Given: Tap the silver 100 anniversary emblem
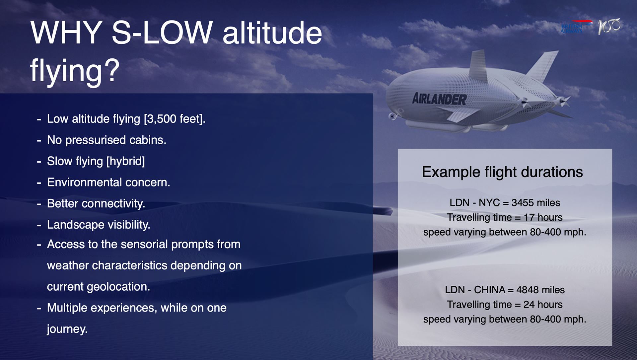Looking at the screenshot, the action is pyautogui.click(x=609, y=26).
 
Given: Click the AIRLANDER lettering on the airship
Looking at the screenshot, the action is pyautogui.click(x=439, y=99).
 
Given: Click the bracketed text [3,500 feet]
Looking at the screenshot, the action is pyautogui.click(x=175, y=119).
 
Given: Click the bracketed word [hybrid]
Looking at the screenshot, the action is pyautogui.click(x=125, y=162).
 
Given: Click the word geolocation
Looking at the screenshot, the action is pyautogui.click(x=118, y=287).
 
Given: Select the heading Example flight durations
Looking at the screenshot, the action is pyautogui.click(x=502, y=172).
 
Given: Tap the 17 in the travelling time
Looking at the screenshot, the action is pyautogui.click(x=529, y=217).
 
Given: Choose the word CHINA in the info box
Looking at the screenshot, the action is pyautogui.click(x=489, y=290).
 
